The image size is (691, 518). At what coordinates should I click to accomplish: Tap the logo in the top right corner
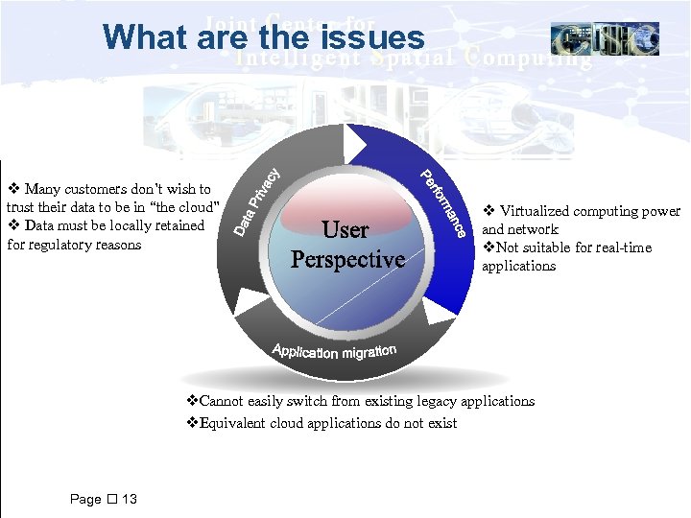point(605,38)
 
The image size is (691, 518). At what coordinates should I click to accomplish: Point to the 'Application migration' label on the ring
point(334,350)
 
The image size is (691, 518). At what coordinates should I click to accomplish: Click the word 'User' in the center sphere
point(345,230)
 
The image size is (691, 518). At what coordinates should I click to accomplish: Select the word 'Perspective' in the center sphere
point(347,260)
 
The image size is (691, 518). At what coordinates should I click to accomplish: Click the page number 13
point(130,499)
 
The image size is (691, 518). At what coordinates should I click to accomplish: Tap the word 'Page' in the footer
point(85,499)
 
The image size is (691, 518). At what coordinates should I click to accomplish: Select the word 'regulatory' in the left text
point(60,245)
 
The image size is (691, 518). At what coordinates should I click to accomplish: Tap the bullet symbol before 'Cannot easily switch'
point(191,401)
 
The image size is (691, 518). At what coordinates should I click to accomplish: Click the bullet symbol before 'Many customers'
point(12,189)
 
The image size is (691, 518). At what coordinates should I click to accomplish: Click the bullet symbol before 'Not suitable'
point(488,247)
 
